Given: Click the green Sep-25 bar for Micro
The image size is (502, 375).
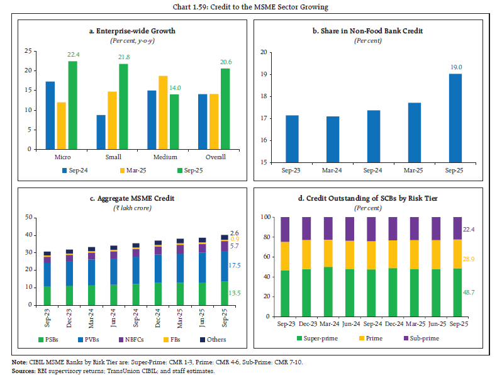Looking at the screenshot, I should pyautogui.click(x=72, y=105).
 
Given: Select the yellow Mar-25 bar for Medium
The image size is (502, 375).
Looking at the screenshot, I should pyautogui.click(x=163, y=112).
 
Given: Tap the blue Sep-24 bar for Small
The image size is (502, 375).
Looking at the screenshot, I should pyautogui.click(x=101, y=132).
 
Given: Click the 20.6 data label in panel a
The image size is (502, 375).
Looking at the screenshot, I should pyautogui.click(x=226, y=62).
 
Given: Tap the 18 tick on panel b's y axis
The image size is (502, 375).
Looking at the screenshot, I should pyautogui.click(x=265, y=96).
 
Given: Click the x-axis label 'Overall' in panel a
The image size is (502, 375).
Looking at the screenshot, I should pyautogui.click(x=216, y=157).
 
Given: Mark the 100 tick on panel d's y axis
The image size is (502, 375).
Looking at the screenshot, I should pyautogui.click(x=265, y=217).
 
